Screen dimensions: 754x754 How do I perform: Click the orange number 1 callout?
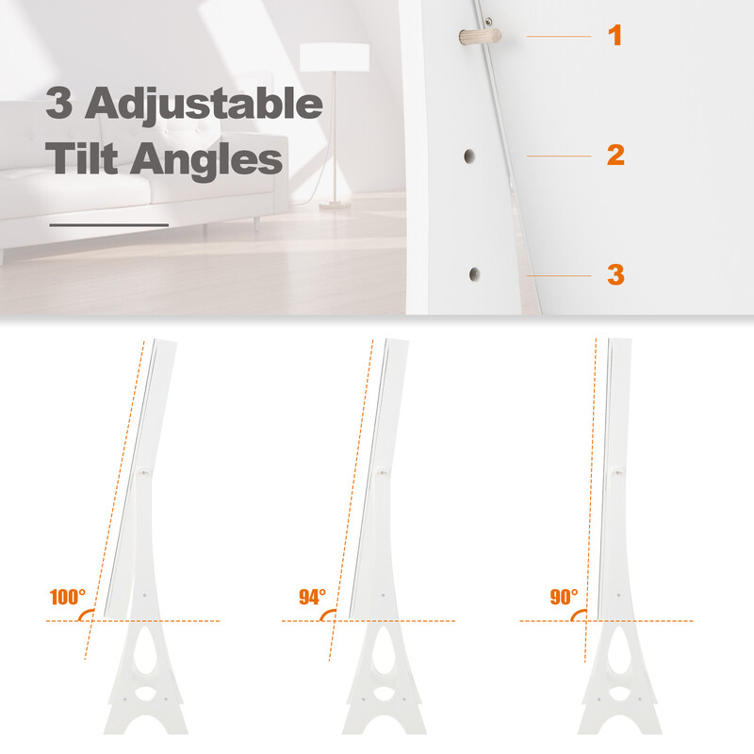coord(615,35)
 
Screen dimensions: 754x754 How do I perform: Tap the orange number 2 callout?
coord(615,155)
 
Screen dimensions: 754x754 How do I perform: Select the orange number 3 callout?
coord(616,274)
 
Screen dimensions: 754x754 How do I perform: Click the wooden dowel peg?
coord(480,36)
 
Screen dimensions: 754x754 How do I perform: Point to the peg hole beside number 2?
coord(468,156)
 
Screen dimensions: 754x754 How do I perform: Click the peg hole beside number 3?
coord(474,274)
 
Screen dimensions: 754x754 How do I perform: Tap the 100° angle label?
coord(68,597)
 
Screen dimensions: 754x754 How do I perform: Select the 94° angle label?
coord(313,597)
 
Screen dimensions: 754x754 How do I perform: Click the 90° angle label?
coord(564,597)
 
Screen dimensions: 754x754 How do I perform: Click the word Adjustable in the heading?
coord(204,104)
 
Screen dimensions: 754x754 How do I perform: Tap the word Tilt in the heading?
coord(82,157)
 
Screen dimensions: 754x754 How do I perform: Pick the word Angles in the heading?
coord(206,160)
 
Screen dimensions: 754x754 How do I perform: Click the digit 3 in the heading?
coord(59,102)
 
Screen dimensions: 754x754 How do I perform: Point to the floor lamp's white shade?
coord(335,57)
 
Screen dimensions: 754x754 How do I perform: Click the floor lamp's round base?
coord(336,206)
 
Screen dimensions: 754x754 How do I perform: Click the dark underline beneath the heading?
coord(109,224)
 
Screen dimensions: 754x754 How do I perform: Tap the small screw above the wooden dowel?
coord(488,21)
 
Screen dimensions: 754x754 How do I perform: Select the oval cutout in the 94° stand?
coord(384,694)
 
